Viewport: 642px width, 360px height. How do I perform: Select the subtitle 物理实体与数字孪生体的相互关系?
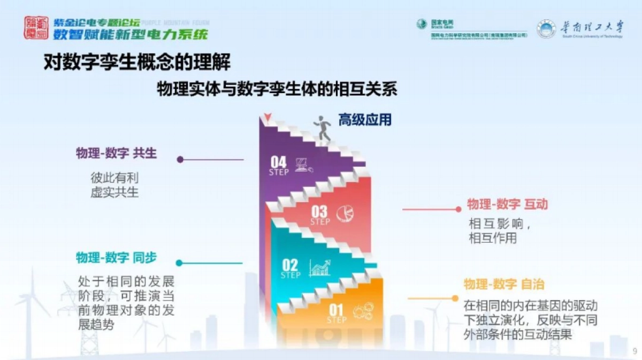click(x=277, y=88)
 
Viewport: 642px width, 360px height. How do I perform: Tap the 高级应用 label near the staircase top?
click(x=364, y=119)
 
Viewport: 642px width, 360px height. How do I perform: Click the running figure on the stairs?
click(x=323, y=128)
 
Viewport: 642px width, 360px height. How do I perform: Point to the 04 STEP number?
click(x=279, y=164)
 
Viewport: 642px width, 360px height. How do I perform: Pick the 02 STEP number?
click(x=290, y=267)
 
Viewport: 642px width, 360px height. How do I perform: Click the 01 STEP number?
click(x=336, y=312)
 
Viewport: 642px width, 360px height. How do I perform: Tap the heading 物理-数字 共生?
click(x=116, y=154)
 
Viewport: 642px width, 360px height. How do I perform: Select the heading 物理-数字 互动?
click(x=507, y=204)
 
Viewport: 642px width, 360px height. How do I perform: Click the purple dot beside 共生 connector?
click(x=180, y=159)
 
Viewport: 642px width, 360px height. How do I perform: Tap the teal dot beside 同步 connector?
click(x=179, y=263)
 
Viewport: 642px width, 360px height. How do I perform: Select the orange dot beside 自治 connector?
click(x=455, y=298)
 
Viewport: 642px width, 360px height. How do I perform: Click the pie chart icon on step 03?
click(x=346, y=214)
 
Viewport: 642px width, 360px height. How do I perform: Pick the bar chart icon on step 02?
click(x=320, y=267)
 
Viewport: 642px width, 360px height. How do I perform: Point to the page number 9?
click(x=635, y=351)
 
